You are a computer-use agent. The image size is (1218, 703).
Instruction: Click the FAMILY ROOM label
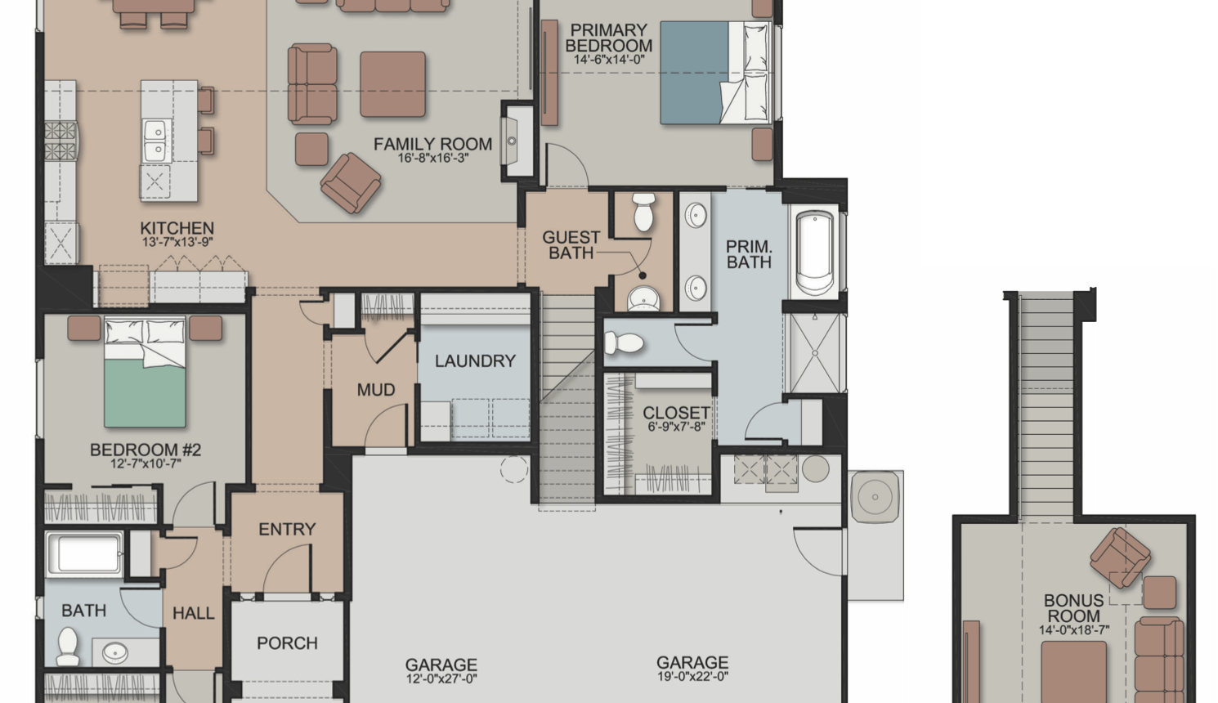pyautogui.click(x=432, y=144)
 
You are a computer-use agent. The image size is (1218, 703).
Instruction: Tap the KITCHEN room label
pyautogui.click(x=177, y=228)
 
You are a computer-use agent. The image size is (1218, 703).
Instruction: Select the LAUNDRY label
pyautogui.click(x=475, y=361)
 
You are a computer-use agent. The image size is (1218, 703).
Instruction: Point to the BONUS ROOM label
pyautogui.click(x=1074, y=608)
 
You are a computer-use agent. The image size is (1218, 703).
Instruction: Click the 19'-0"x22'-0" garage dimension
pyautogui.click(x=692, y=676)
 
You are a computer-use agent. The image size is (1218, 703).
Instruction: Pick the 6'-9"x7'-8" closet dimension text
pyautogui.click(x=676, y=427)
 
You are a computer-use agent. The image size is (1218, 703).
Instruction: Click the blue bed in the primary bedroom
pyautogui.click(x=714, y=73)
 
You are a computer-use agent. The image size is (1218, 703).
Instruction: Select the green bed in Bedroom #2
pyautogui.click(x=145, y=371)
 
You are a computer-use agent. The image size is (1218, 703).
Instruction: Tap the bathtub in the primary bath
pyautogui.click(x=814, y=252)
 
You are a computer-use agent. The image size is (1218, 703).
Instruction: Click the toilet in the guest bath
pyautogui.click(x=644, y=212)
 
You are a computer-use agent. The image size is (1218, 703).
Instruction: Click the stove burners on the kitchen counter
pyautogui.click(x=60, y=141)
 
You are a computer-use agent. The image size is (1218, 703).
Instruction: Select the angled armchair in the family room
pyautogui.click(x=351, y=182)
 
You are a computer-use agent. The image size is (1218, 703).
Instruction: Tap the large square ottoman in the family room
pyautogui.click(x=392, y=84)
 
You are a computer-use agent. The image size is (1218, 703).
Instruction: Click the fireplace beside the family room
pyautogui.click(x=517, y=141)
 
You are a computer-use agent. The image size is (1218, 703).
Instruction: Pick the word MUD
pyautogui.click(x=376, y=390)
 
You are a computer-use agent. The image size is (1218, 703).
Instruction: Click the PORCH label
pyautogui.click(x=287, y=643)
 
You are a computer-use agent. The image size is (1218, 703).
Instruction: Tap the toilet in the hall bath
pyautogui.click(x=68, y=647)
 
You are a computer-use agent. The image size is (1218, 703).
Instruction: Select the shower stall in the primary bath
pyautogui.click(x=814, y=353)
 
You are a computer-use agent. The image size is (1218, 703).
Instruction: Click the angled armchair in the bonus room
pyautogui.click(x=1120, y=557)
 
